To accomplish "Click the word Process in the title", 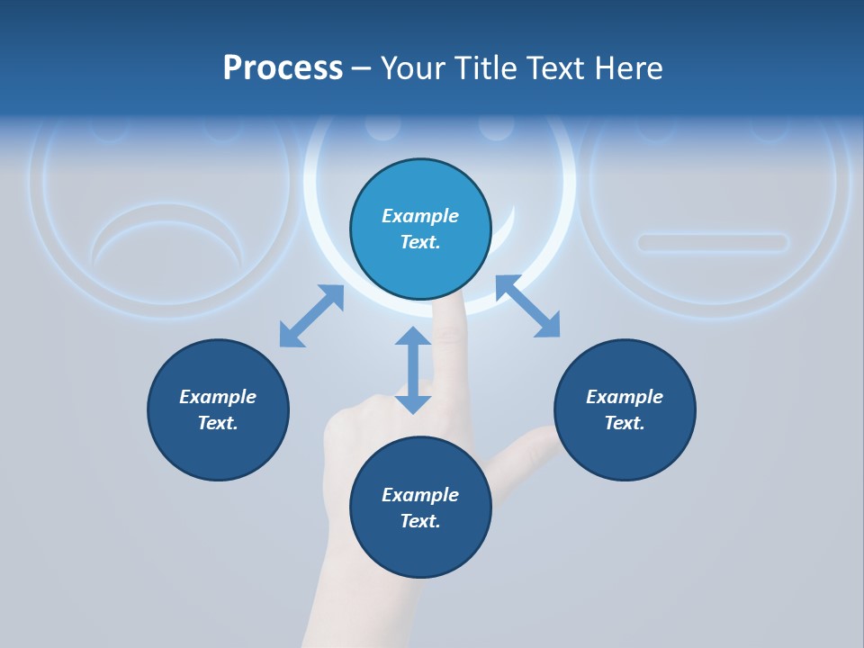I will tap(283, 68).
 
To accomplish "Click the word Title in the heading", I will tap(487, 68).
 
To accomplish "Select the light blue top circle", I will tap(420, 229).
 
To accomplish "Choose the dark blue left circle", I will tap(218, 409).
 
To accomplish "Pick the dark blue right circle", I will tap(625, 409).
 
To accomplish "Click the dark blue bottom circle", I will tap(420, 508).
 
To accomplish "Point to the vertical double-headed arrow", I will tap(413, 370).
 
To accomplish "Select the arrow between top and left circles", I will tap(311, 316).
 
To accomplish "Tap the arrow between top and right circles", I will tap(528, 307).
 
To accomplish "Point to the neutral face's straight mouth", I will tap(713, 242).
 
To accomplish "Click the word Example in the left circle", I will tap(218, 397).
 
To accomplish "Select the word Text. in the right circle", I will tap(625, 423).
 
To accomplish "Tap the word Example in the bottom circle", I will tap(420, 495).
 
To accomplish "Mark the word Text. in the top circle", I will tap(420, 242).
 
